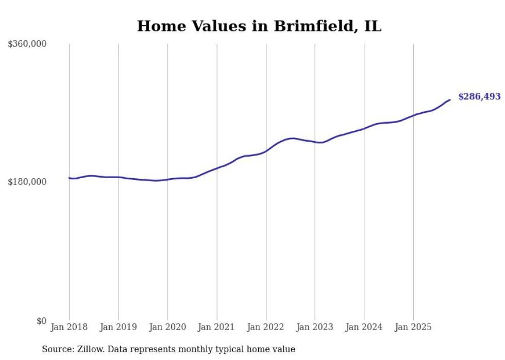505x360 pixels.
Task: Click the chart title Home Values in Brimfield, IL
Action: pos(259,26)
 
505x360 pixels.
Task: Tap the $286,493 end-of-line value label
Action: pos(479,97)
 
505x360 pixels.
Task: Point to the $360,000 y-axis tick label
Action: pos(27,44)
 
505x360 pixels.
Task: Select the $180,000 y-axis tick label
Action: pos(27,182)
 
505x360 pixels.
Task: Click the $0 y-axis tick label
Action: pos(41,321)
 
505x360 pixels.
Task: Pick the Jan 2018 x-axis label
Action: pos(69,327)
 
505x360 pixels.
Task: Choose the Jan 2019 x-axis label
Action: pos(119,327)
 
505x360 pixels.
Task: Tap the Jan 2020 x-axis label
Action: pos(167,327)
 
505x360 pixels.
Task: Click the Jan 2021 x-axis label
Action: pos(216,327)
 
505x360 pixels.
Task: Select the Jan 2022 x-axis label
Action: pos(266,327)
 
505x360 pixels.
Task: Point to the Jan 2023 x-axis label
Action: pos(315,327)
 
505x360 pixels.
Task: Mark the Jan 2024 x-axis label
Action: pos(364,327)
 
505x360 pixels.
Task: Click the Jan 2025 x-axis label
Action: pos(413,327)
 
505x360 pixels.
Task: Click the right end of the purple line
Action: pos(450,99)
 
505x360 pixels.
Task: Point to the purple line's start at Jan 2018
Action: pos(70,178)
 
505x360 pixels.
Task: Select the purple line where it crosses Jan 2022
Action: pos(266,151)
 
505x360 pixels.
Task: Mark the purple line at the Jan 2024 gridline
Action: pos(364,129)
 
